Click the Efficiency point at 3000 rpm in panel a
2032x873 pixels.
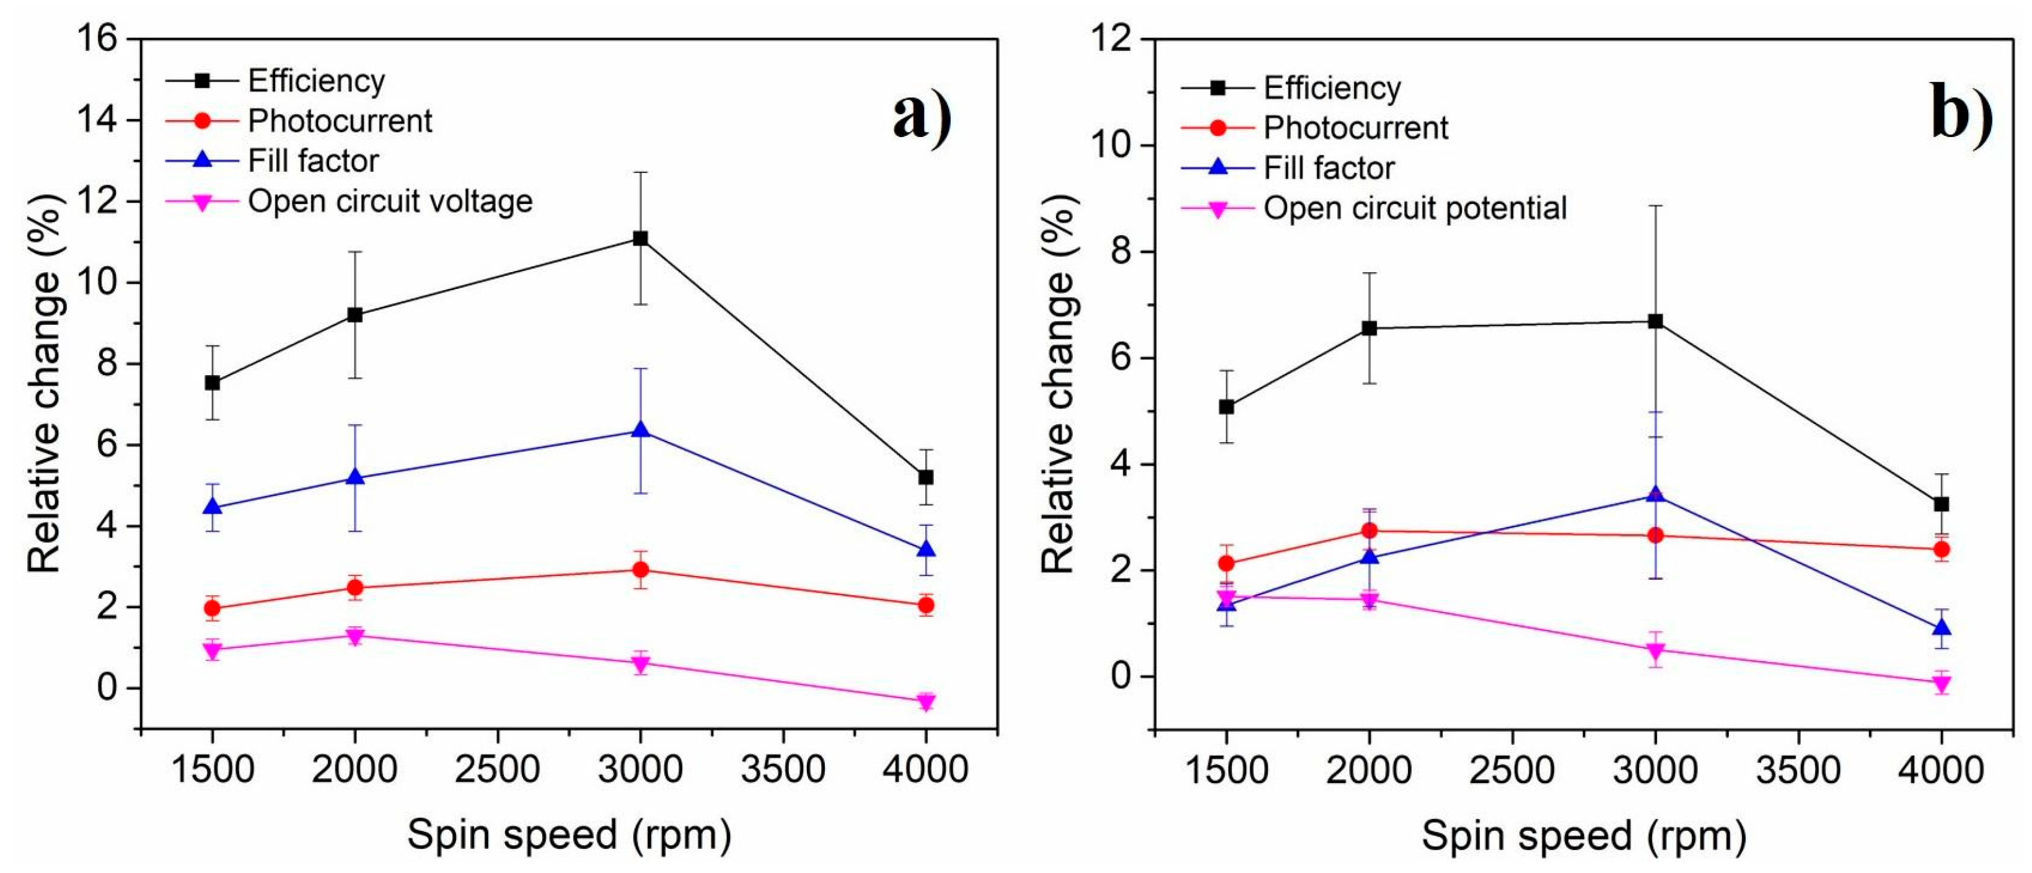640,238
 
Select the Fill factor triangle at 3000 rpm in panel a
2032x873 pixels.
640,431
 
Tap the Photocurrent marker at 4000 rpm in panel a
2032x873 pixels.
925,605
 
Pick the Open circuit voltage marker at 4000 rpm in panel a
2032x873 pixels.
925,701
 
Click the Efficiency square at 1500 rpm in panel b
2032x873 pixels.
1226,407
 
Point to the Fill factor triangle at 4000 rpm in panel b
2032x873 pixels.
1942,628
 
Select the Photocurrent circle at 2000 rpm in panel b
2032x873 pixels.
1370,530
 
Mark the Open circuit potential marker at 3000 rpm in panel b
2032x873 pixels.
1655,650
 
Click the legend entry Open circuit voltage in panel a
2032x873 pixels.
390,202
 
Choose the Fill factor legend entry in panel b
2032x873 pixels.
1329,168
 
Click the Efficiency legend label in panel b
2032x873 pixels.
1332,87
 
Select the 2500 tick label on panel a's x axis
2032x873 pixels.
497,769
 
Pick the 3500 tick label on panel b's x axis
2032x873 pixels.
1798,769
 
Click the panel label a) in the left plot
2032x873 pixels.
921,117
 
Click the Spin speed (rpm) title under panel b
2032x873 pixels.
1583,836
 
